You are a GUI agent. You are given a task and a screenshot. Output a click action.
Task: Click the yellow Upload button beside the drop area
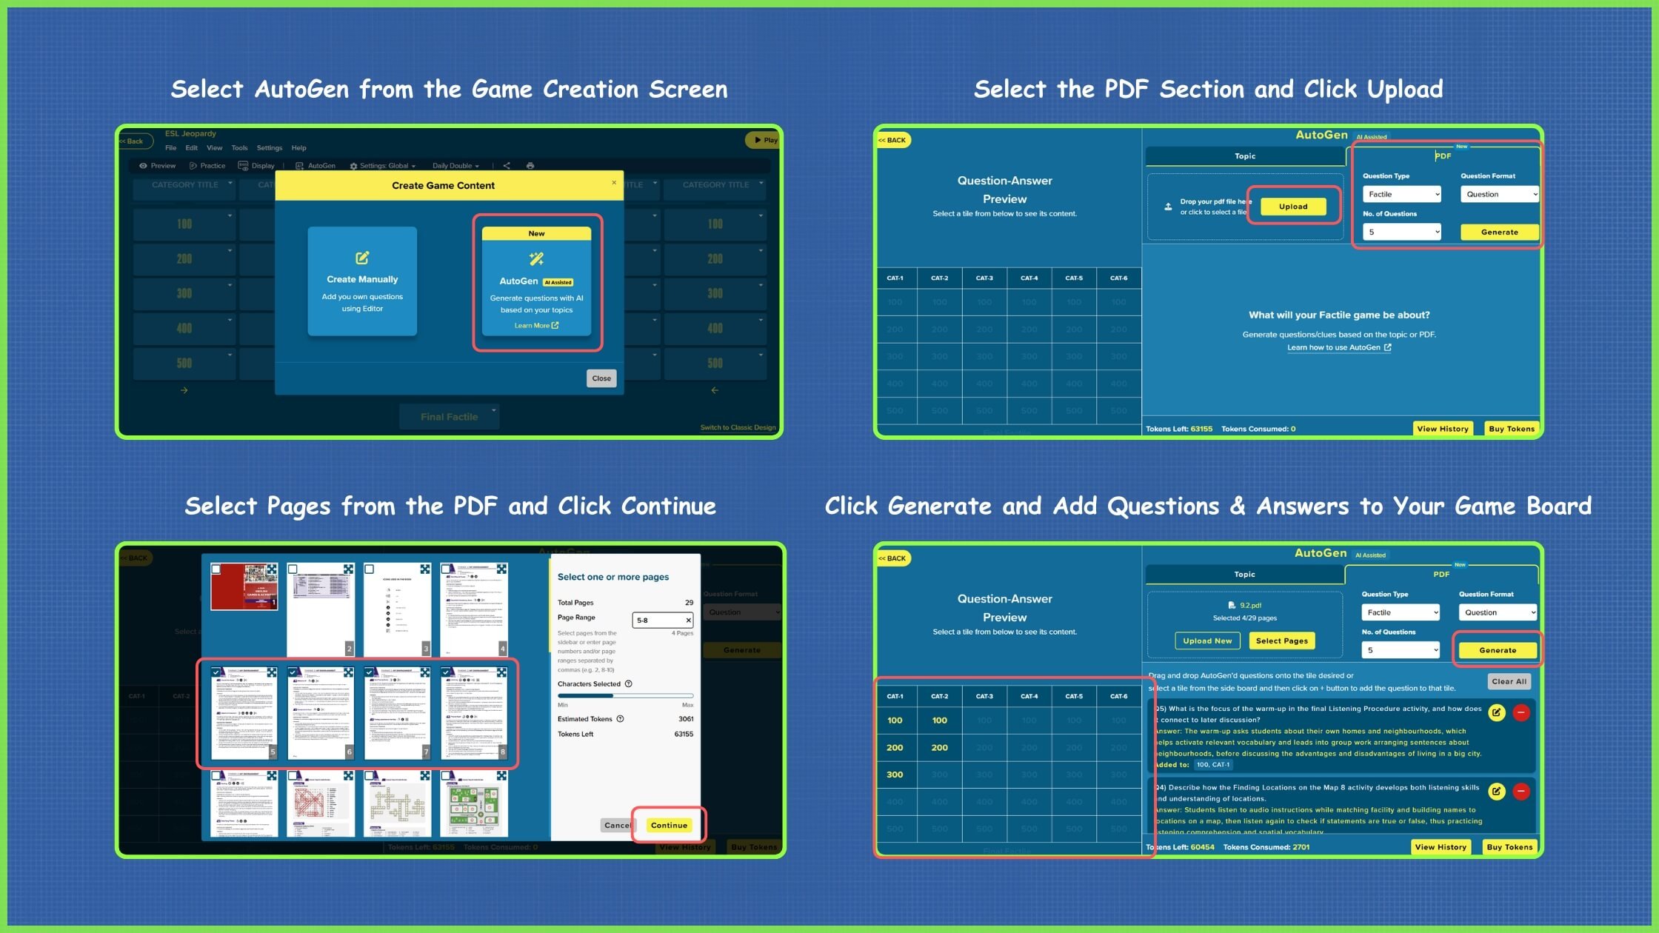coord(1292,207)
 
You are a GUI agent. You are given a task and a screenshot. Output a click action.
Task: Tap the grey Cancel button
coord(616,825)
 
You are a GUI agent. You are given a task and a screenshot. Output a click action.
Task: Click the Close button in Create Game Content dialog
coord(601,378)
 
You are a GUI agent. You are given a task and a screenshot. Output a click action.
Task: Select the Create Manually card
coord(362,281)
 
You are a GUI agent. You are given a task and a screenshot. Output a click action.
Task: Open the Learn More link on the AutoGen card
coord(536,326)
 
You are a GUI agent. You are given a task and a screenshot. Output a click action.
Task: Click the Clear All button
coord(1509,681)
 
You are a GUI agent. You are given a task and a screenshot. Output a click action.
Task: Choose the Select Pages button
coord(1281,641)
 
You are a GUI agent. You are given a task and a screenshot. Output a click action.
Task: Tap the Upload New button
coord(1207,641)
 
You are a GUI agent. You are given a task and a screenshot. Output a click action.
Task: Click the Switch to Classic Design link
coord(738,427)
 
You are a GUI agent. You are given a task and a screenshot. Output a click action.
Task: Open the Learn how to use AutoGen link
coord(1338,347)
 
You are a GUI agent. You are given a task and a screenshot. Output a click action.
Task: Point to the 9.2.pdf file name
coord(1250,605)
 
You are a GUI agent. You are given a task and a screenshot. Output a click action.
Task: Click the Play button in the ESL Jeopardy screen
coord(765,140)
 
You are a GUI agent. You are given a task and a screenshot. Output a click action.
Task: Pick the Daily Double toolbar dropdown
coord(455,166)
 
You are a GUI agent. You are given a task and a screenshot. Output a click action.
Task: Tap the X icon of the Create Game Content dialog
coord(614,182)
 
